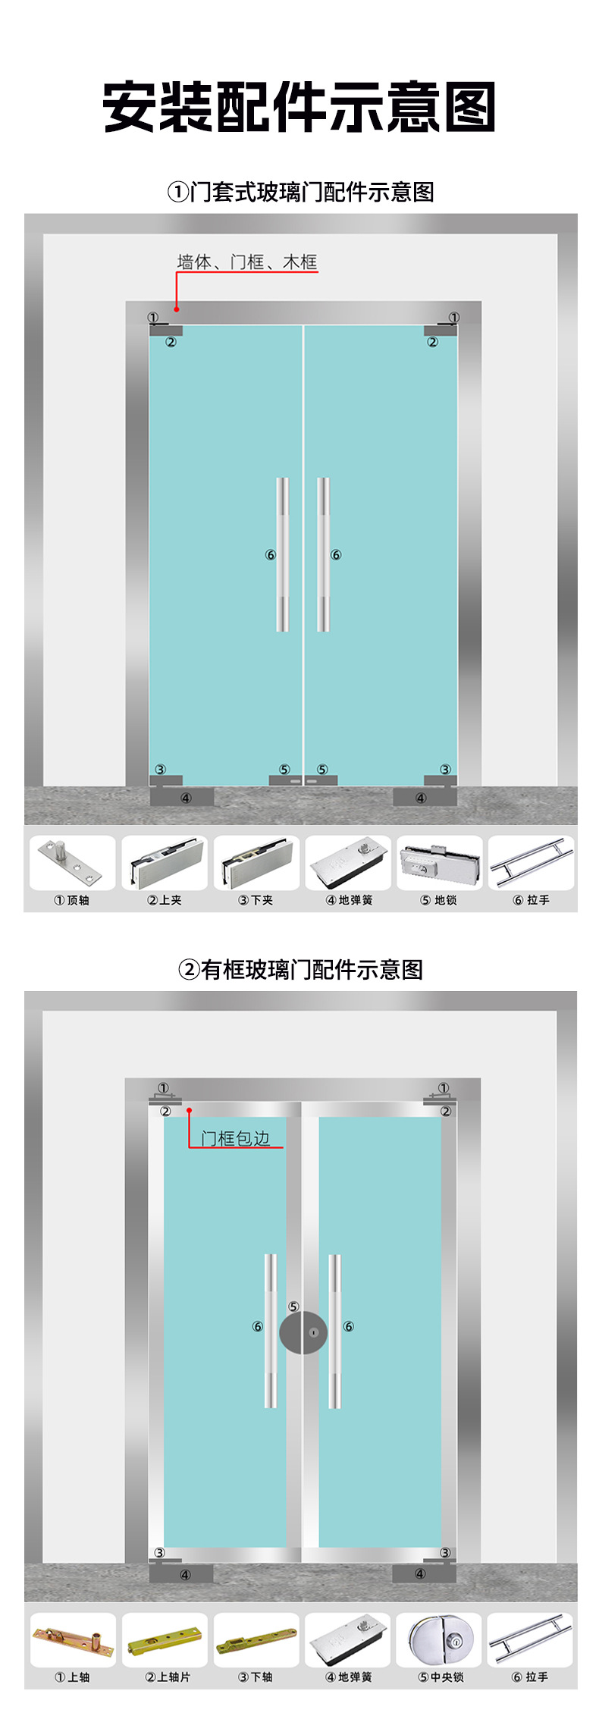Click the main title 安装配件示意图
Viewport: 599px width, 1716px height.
click(299, 107)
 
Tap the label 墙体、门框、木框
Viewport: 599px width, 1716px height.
click(246, 262)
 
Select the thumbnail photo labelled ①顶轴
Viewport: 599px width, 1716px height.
click(72, 863)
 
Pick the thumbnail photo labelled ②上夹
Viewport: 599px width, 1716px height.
click(165, 863)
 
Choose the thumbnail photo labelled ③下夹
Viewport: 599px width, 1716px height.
click(256, 863)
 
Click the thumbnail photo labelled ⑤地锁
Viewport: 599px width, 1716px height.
click(440, 863)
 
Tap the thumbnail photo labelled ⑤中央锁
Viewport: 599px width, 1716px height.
click(439, 1640)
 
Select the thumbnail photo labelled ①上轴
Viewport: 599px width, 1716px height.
click(73, 1640)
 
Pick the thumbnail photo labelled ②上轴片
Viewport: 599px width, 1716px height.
click(165, 1640)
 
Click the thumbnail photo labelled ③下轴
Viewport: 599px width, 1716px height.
click(256, 1640)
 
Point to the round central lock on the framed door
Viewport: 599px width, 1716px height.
click(303, 1332)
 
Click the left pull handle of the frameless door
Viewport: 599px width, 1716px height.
click(282, 554)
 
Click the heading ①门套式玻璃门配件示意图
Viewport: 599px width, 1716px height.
click(300, 192)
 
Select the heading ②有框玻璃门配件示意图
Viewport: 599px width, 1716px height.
click(300, 969)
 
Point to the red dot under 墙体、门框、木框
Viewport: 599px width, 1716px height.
click(177, 309)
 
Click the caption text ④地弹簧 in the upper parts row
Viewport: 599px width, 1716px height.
click(349, 900)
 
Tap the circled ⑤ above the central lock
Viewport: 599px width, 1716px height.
click(293, 1307)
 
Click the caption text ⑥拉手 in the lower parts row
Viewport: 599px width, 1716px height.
click(530, 1677)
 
